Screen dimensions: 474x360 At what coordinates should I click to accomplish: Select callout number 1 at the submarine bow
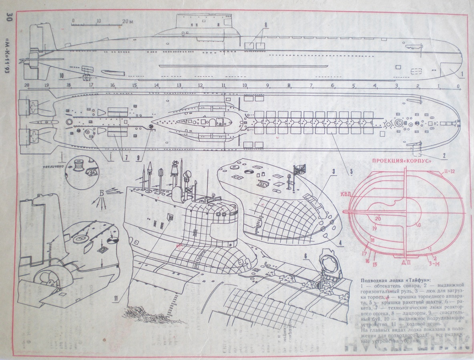pos(462,74)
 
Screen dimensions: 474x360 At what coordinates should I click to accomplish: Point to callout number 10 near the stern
pos(61,75)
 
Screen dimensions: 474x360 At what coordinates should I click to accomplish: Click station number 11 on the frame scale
pos(224,86)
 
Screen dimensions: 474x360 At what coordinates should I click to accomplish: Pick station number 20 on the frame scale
pos(27,86)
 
